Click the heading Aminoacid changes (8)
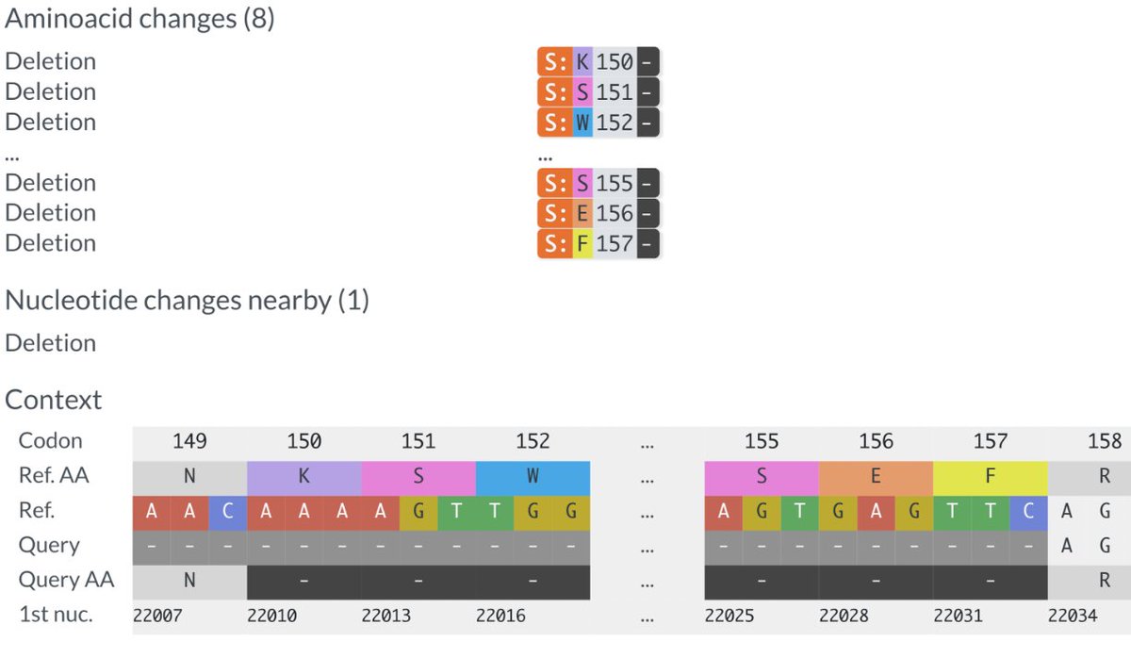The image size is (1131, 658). [x=139, y=19]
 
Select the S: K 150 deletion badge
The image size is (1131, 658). [x=598, y=62]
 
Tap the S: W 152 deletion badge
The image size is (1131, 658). [x=598, y=123]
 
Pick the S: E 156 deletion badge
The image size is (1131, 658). [x=598, y=213]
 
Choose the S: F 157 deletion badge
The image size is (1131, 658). [x=598, y=243]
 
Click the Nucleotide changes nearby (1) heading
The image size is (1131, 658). [x=187, y=301]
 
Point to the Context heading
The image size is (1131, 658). [x=54, y=400]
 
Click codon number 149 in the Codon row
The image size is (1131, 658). [x=189, y=441]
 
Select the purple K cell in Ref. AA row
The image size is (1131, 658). [x=303, y=476]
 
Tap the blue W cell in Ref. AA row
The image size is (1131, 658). [x=533, y=476]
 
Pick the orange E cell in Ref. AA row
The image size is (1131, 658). [x=876, y=476]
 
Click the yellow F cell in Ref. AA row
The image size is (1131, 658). [x=990, y=476]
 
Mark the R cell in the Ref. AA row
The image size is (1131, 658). [x=1104, y=476]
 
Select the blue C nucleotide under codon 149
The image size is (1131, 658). [x=227, y=511]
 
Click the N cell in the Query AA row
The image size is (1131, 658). [x=189, y=581]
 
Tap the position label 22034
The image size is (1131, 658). [x=1073, y=616]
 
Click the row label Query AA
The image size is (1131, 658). [x=66, y=580]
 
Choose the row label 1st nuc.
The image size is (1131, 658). [x=56, y=615]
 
